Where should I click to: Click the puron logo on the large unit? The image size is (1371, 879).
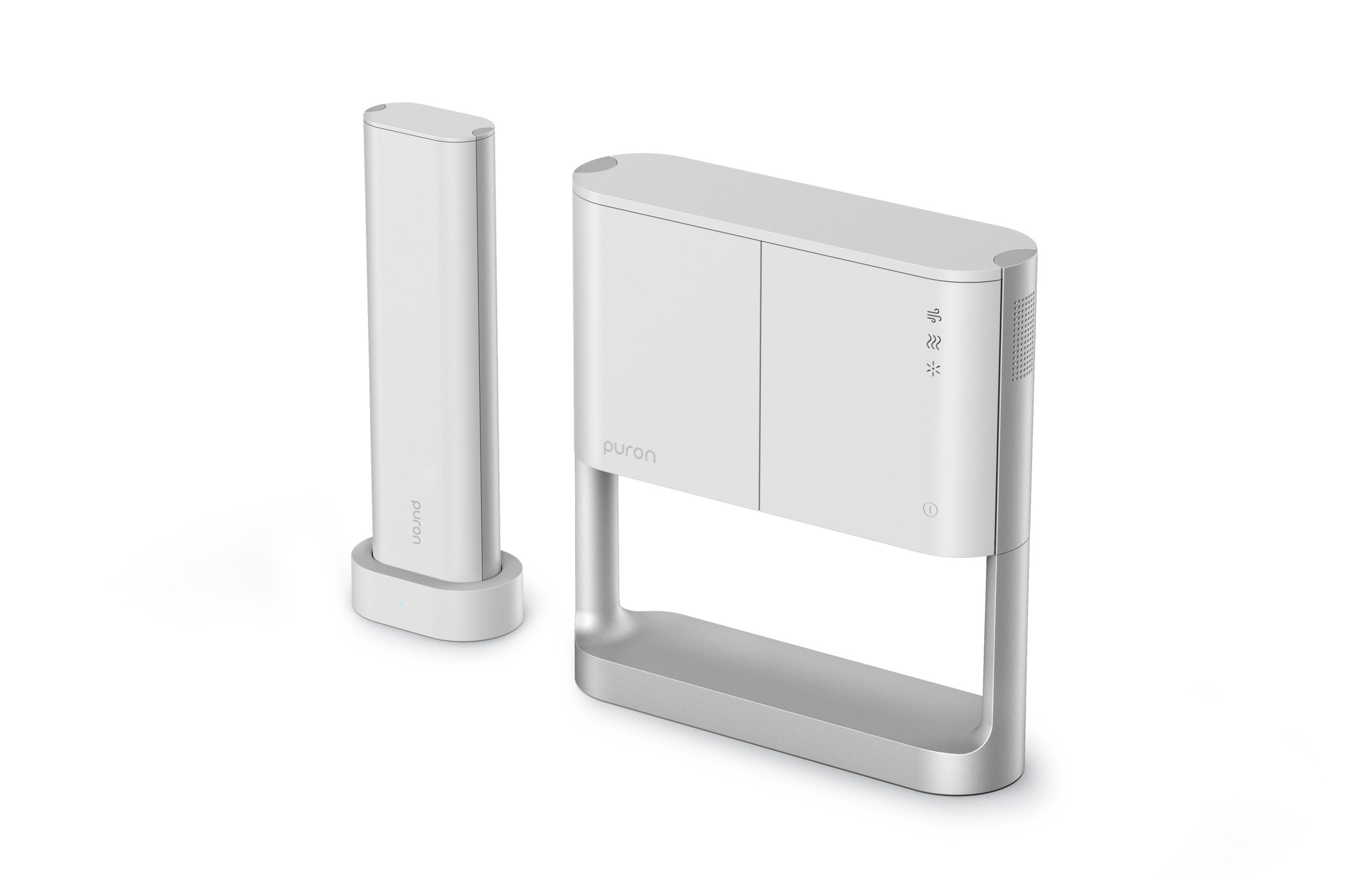tap(629, 452)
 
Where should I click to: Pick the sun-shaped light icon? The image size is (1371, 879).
tap(934, 369)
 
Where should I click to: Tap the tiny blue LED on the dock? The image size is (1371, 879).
tap(402, 605)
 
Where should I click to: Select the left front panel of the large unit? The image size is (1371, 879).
tap(667, 354)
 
